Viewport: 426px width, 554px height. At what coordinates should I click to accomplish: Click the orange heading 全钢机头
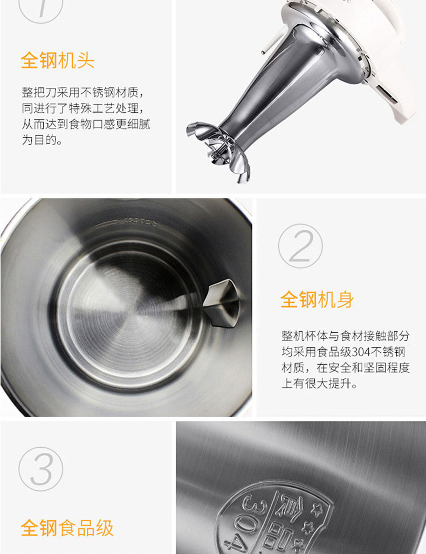(x=58, y=60)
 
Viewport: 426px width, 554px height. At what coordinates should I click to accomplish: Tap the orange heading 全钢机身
(x=317, y=299)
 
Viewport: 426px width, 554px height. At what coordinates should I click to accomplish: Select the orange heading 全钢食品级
(x=67, y=528)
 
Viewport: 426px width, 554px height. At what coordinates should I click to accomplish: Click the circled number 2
(x=300, y=245)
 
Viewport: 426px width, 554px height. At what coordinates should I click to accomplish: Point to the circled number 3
(x=41, y=469)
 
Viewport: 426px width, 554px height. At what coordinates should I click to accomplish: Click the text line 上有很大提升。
(x=320, y=384)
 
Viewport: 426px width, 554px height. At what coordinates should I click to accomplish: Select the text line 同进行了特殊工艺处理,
(x=83, y=108)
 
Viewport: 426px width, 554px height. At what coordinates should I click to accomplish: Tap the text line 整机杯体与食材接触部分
(x=346, y=336)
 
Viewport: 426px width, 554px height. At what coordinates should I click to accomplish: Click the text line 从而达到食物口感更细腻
(x=86, y=124)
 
